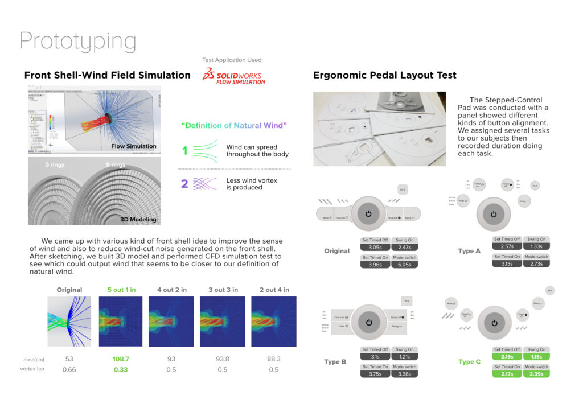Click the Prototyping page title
(78, 42)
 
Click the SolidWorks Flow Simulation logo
(234, 76)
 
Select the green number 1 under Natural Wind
(184, 151)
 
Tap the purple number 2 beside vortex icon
(184, 184)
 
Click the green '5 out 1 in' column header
(121, 290)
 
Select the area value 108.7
(121, 359)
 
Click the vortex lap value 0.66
(69, 369)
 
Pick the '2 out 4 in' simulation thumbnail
(273, 321)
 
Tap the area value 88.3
(273, 359)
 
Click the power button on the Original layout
(368, 213)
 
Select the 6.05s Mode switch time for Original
(404, 265)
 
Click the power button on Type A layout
(494, 214)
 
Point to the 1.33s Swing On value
(536, 246)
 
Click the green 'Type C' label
(470, 361)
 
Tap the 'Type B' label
(335, 361)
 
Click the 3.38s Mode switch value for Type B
(404, 374)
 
